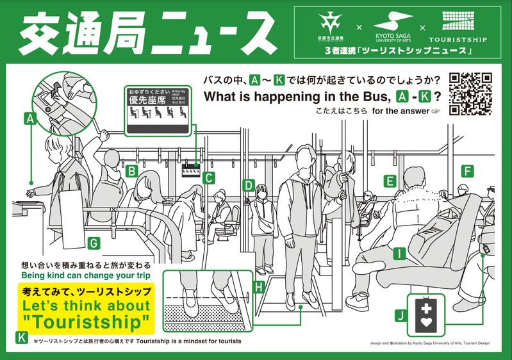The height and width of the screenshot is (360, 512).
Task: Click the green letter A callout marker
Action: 29,118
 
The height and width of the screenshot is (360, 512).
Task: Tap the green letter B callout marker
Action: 132,170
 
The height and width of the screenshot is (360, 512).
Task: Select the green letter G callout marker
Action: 94,243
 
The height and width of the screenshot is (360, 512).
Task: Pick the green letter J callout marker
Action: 401,315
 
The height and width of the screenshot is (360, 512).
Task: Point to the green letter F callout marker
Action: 467,171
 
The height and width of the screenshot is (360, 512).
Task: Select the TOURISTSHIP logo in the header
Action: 458,29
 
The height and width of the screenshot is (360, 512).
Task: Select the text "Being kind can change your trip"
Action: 86,275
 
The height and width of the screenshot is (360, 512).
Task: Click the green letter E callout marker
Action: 390,181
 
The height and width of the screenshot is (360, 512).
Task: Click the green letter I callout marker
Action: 401,254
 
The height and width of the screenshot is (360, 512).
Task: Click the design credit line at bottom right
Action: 430,343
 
